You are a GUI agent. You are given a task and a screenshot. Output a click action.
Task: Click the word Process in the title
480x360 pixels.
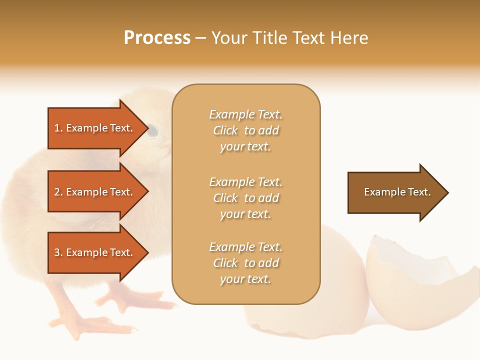pos(157,38)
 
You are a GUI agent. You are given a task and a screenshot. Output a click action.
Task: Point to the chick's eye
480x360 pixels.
pos(153,131)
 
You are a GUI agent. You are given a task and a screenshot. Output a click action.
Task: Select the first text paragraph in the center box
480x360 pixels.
pos(245,130)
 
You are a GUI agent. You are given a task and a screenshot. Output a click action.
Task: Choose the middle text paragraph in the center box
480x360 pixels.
pos(245,198)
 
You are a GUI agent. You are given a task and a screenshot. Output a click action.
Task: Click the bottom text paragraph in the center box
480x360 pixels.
pos(245,263)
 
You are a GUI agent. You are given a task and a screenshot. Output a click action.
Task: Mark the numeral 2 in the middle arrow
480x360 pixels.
pos(57,192)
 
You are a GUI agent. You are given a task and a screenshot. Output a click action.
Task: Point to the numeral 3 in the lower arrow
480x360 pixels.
pos(57,253)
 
